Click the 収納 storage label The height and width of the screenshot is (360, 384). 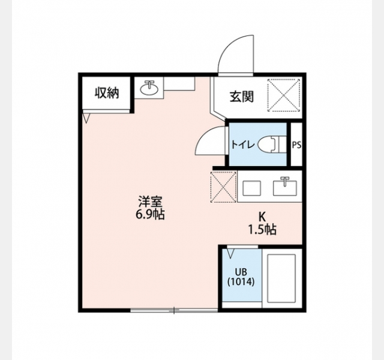(107, 93)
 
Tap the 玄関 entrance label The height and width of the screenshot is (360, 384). (241, 97)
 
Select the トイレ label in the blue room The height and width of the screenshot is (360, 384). (243, 145)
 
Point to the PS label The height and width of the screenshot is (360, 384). (296, 145)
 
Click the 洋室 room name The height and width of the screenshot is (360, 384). (150, 202)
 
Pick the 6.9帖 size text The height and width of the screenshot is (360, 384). (150, 215)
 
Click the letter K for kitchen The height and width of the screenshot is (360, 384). (262, 217)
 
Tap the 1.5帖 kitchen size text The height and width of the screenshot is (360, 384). (263, 230)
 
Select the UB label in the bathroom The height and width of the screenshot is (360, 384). (241, 272)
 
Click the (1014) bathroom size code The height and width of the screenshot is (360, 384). (241, 282)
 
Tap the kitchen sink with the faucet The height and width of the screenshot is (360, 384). (285, 187)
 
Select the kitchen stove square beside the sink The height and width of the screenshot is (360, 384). (251, 188)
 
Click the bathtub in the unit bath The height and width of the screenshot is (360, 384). (281, 278)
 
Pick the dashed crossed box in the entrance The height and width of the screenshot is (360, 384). (284, 95)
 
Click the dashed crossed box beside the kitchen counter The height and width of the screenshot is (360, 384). (223, 187)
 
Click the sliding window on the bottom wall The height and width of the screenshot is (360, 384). (174, 310)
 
